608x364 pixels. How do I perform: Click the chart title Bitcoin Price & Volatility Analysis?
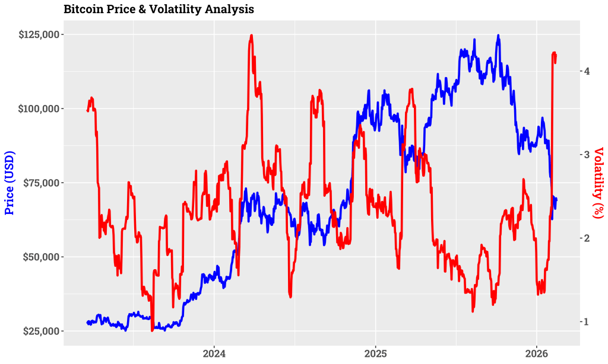159,9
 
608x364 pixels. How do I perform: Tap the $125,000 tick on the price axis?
39,34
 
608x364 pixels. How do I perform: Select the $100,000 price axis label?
39,108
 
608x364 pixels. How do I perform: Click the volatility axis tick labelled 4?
586,71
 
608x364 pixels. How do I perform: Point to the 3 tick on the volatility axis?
586,155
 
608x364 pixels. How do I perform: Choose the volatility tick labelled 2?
586,238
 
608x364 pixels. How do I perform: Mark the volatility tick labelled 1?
586,322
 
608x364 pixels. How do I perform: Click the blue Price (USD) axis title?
9,183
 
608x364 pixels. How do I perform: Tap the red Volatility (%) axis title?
598,183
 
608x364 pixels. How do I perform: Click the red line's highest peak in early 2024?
252,36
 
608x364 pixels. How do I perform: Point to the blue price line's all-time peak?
498,36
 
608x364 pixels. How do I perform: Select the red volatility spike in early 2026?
554,53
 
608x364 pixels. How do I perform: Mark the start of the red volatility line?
87,110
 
